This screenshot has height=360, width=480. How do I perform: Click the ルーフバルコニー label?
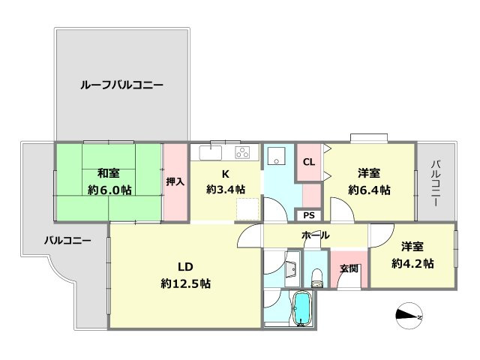click(121, 85)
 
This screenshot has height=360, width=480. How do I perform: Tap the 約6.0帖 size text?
click(109, 190)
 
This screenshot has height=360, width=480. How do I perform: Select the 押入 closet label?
click(175, 181)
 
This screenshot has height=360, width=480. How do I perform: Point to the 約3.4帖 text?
click(226, 190)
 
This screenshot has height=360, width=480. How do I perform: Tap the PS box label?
click(309, 215)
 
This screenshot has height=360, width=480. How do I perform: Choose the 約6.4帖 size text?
click(369, 190)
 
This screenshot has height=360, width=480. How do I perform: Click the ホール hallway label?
click(315, 235)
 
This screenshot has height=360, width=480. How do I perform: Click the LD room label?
click(185, 267)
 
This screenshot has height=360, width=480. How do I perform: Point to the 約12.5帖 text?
click(185, 284)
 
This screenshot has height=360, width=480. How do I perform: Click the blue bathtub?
click(302, 309)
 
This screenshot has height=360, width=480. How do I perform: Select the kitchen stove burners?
click(243, 153)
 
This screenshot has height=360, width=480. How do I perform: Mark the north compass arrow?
click(409, 316)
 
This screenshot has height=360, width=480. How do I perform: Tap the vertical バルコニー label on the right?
click(435, 183)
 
